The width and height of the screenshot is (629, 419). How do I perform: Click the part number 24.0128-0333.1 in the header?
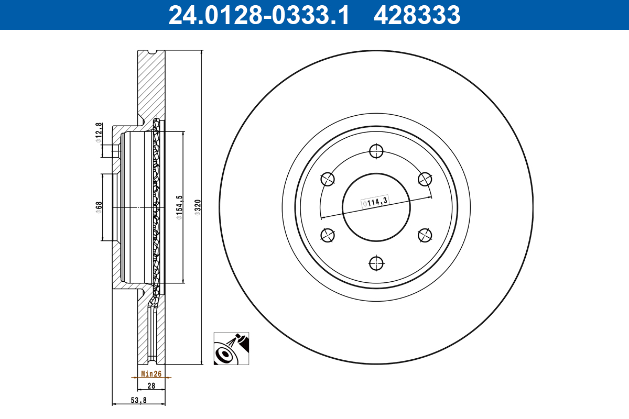point(258,15)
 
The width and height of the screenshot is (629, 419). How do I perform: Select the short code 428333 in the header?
point(417,15)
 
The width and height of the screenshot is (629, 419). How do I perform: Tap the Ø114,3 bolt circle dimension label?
point(374,202)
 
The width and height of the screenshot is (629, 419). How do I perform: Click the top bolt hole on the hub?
point(376,151)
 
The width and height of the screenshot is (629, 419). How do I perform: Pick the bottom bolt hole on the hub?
point(376,263)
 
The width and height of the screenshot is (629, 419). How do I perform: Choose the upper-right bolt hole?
point(425,179)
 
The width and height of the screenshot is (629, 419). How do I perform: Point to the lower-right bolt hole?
point(425,235)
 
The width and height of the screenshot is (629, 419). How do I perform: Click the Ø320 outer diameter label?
point(198,207)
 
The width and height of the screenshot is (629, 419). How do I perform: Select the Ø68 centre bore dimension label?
point(99,207)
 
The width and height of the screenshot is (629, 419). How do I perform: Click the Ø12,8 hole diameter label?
point(99,133)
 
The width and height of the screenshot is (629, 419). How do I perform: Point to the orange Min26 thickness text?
point(150,374)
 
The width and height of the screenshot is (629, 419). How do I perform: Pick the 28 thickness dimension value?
point(151,385)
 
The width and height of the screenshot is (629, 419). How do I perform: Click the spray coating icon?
point(231,348)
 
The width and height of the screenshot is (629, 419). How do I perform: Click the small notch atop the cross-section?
point(153,52)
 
